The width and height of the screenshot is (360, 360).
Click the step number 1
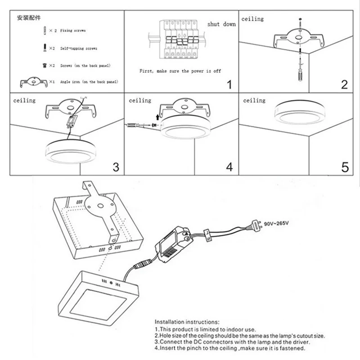[x=229, y=84]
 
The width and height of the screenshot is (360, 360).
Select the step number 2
[x=344, y=84]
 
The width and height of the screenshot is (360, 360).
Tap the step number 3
[x=116, y=167]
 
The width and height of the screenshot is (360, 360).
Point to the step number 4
[x=229, y=167]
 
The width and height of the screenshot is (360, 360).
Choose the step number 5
[x=345, y=167]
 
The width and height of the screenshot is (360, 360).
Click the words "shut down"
[x=221, y=24]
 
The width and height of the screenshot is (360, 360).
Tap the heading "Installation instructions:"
[x=187, y=323]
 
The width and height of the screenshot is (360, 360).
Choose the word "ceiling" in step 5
[x=254, y=100]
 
